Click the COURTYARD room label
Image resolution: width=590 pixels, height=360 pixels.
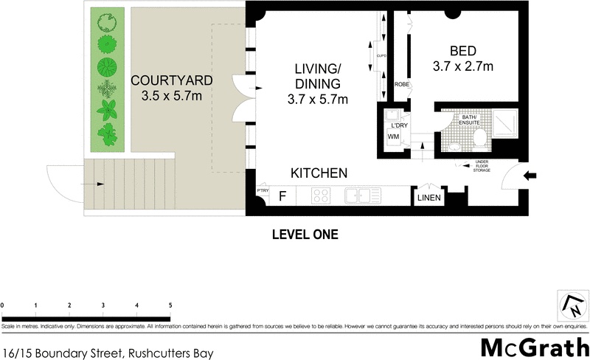pyautogui.click(x=172, y=80)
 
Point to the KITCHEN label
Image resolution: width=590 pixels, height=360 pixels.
pyautogui.click(x=319, y=173)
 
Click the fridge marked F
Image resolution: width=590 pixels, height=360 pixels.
pyautogui.click(x=282, y=196)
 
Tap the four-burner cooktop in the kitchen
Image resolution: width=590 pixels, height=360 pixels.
pyautogui.click(x=322, y=196)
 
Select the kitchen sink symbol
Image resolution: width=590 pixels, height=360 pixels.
pyautogui.click(x=363, y=196)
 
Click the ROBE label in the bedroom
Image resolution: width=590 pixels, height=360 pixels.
pyautogui.click(x=402, y=85)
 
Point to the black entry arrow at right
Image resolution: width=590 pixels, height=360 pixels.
pyautogui.click(x=532, y=176)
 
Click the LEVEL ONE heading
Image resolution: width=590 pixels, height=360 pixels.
pyautogui.click(x=305, y=235)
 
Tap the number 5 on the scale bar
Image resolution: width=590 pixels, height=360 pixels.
pyautogui.click(x=170, y=305)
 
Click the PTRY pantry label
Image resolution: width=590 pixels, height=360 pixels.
pyautogui.click(x=263, y=192)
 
